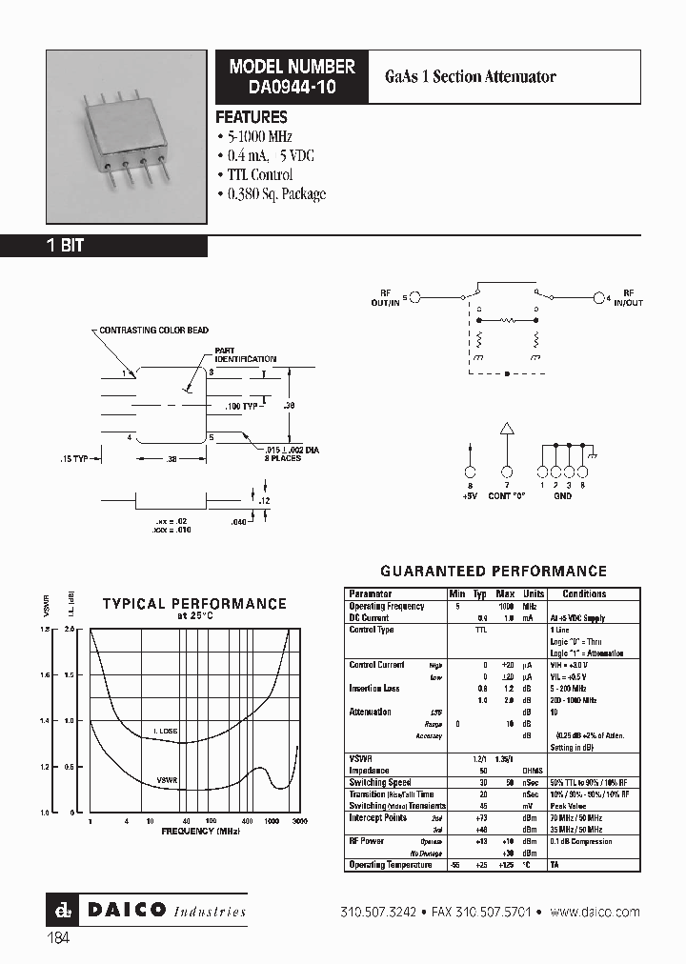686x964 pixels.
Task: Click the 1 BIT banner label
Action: tap(66, 246)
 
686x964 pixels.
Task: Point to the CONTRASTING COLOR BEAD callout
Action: tap(153, 331)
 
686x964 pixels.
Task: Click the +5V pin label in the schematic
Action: tap(468, 494)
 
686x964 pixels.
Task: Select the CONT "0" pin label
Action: tap(507, 494)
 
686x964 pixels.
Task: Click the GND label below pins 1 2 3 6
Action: tap(561, 495)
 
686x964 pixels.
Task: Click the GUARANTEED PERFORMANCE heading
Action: tap(493, 572)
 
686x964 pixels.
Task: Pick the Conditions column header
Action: tap(584, 593)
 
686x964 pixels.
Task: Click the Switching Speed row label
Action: tap(380, 783)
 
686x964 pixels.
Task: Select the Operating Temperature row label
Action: tap(391, 865)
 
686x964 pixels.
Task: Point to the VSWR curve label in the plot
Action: tap(169, 779)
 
